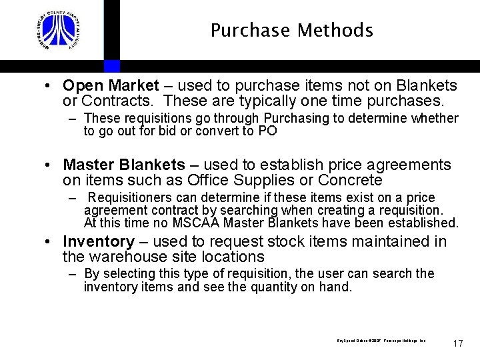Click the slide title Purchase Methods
[x=291, y=31]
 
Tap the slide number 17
[x=457, y=343]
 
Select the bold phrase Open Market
[x=111, y=85]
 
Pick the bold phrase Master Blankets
[x=123, y=165]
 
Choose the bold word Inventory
[x=98, y=241]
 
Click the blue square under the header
[x=112, y=66]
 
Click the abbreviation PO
[x=267, y=131]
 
